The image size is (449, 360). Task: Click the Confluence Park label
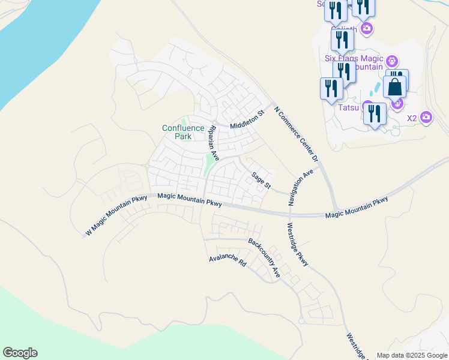click(x=177, y=132)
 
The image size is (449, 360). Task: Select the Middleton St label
click(x=247, y=120)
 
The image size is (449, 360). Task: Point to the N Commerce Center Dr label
click(x=295, y=134)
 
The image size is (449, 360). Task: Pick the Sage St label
click(x=262, y=180)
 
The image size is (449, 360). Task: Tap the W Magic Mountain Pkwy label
click(x=116, y=215)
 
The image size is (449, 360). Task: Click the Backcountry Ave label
click(x=265, y=258)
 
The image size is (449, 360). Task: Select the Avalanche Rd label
click(x=228, y=260)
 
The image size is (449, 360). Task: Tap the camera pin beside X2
click(x=426, y=117)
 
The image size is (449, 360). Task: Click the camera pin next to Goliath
click(x=367, y=28)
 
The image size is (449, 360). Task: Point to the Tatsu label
click(x=348, y=108)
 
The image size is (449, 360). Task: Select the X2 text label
click(x=412, y=118)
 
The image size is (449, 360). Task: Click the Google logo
click(x=20, y=353)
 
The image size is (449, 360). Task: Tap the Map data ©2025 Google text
click(x=412, y=355)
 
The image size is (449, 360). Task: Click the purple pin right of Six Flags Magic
click(x=392, y=61)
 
